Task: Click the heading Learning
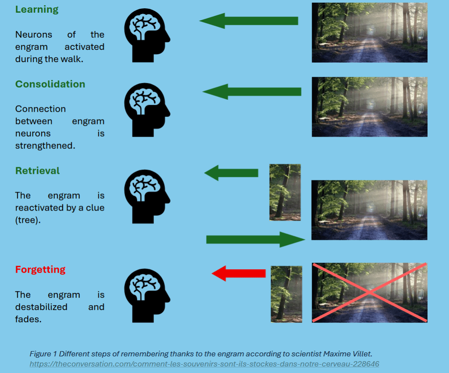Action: pyautogui.click(x=37, y=10)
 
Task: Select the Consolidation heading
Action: pyautogui.click(x=50, y=84)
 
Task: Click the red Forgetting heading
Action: pyautogui.click(x=40, y=269)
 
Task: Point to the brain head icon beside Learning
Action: pyautogui.click(x=146, y=35)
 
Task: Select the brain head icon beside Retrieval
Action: pyautogui.click(x=146, y=195)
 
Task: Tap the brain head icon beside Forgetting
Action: pyautogui.click(x=146, y=295)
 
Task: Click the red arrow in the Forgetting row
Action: pyautogui.click(x=239, y=274)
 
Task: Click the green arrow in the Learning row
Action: pyautogui.click(x=249, y=21)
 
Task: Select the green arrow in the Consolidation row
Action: pyautogui.click(x=252, y=91)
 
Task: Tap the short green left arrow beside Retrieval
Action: pyautogui.click(x=231, y=173)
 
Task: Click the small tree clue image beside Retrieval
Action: pyautogui.click(x=285, y=192)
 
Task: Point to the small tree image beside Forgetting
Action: pyautogui.click(x=286, y=294)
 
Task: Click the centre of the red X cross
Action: pyautogui.click(x=369, y=292)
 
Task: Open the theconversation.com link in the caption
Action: pyautogui.click(x=204, y=364)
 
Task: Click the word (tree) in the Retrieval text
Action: pyautogui.click(x=28, y=220)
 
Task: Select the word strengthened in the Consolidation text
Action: pyautogui.click(x=45, y=146)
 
